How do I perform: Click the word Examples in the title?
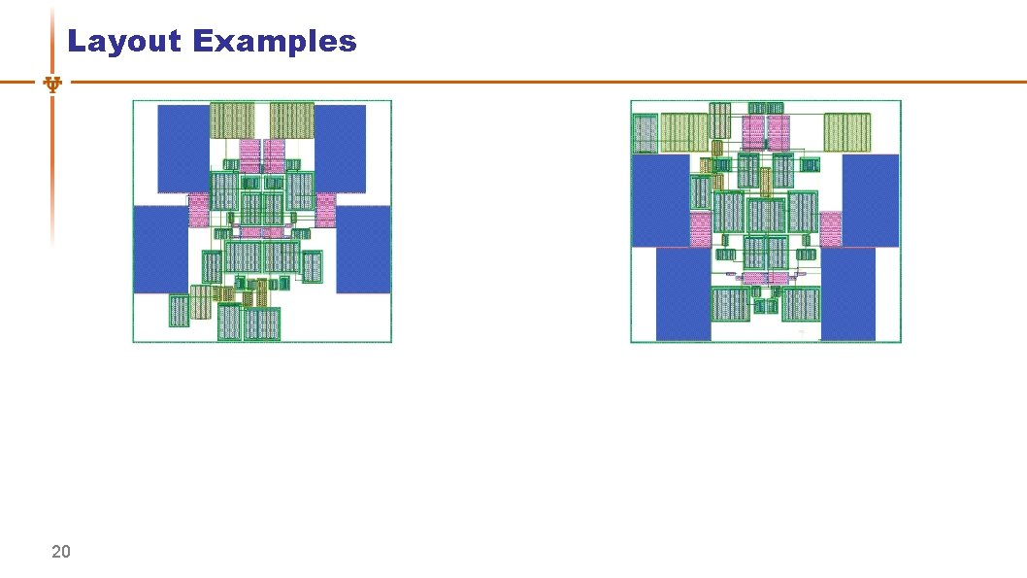point(275,42)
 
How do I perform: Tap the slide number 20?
point(60,553)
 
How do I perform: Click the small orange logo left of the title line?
point(53,85)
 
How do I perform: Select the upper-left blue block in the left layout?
point(183,149)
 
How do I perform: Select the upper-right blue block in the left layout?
point(340,149)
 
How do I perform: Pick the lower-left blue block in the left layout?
point(160,249)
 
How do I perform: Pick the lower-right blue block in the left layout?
point(363,249)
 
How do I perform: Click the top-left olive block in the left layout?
point(232,119)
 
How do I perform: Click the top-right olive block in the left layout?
point(291,119)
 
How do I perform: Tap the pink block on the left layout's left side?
point(199,209)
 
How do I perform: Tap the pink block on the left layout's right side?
point(325,209)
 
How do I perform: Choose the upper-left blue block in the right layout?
point(660,200)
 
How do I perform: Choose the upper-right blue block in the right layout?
point(870,200)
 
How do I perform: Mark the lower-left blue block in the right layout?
point(683,293)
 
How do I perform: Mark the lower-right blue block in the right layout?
point(847,293)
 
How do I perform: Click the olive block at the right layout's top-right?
point(847,132)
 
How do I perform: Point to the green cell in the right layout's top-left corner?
point(645,132)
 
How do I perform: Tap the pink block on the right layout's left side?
point(700,229)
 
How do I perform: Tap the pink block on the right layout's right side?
point(830,229)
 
